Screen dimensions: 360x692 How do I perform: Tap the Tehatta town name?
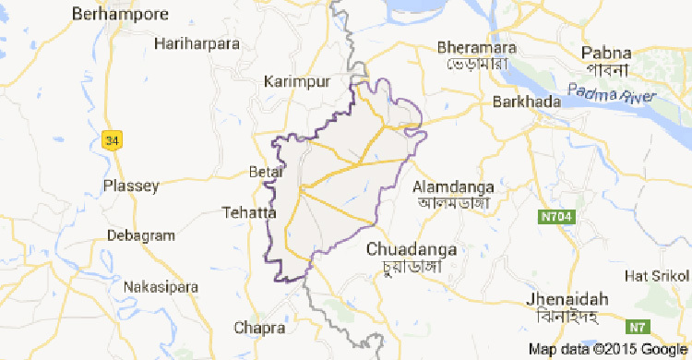tap(249, 213)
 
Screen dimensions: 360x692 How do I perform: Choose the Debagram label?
tap(140, 236)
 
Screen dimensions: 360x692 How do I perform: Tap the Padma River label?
tap(611, 92)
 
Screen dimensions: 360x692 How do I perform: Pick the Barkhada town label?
tap(527, 102)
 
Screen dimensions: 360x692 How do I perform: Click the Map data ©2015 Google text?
tap(608, 349)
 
